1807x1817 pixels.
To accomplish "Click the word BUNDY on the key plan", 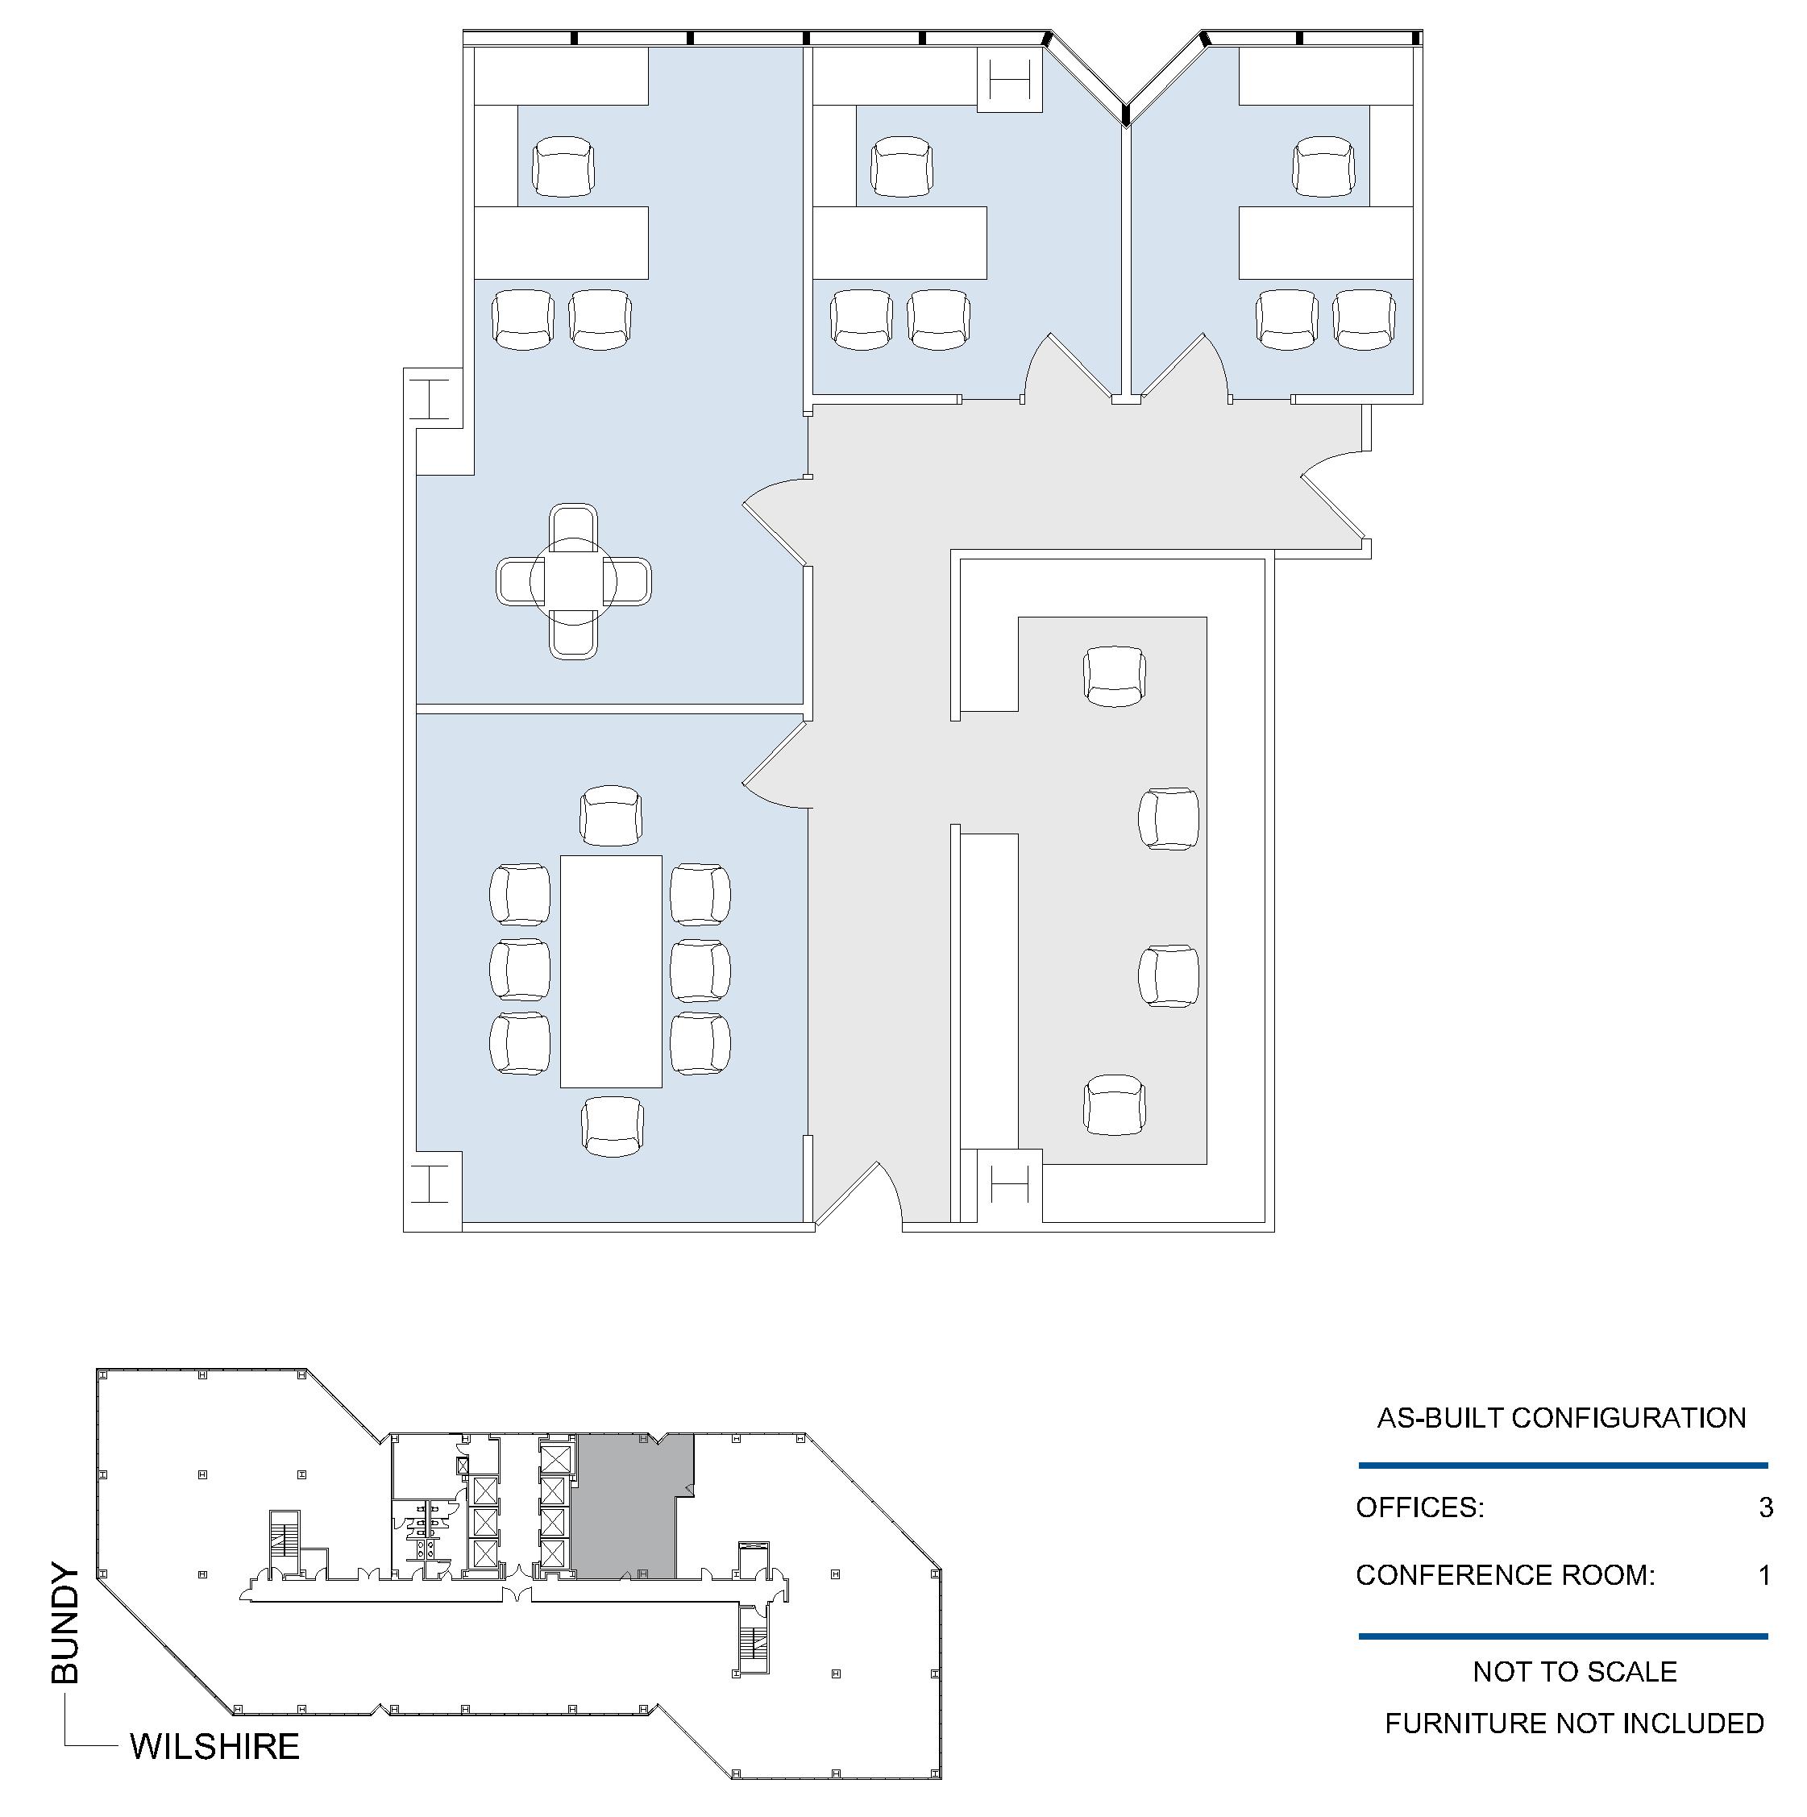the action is tap(66, 1624).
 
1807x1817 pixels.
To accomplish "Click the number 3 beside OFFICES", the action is tap(1766, 1507).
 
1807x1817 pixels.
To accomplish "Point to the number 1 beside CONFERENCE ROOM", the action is tap(1765, 1575).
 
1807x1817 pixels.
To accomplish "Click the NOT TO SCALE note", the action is tap(1575, 1672).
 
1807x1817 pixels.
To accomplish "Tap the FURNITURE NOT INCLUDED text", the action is tap(1575, 1723).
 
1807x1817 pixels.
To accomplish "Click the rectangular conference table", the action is tap(611, 971).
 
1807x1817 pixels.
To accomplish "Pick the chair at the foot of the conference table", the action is tap(612, 1127).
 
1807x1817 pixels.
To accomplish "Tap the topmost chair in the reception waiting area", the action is tap(1114, 676).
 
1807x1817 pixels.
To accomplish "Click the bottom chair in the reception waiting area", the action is tap(1114, 1105).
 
